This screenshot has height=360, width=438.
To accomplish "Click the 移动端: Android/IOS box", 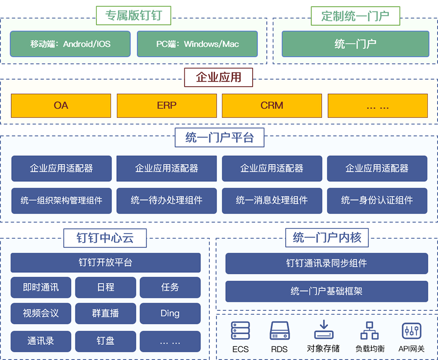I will pyautogui.click(x=70, y=44).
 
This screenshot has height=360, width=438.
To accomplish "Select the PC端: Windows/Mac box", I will pyautogui.click(x=197, y=44).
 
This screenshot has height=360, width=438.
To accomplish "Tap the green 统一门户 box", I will pyautogui.click(x=355, y=44).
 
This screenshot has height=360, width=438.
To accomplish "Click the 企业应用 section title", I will pyautogui.click(x=219, y=77).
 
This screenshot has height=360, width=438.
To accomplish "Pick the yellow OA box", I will pyautogui.click(x=61, y=105).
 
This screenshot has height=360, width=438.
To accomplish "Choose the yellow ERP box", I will pyautogui.click(x=166, y=105).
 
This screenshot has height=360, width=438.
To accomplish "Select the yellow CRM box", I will pyautogui.click(x=272, y=105).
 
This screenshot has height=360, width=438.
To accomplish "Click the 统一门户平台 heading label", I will pyautogui.click(x=219, y=138).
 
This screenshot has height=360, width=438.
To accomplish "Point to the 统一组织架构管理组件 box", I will pyautogui.click(x=61, y=200).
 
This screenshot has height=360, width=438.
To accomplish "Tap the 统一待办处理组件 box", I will pyautogui.click(x=166, y=200).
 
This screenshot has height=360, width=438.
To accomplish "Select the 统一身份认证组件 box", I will pyautogui.click(x=377, y=200).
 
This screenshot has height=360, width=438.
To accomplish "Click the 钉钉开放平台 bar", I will pyautogui.click(x=105, y=263).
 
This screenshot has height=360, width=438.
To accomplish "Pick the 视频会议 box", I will pyautogui.click(x=41, y=313).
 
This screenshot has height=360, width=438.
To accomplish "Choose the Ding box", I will pyautogui.click(x=170, y=313).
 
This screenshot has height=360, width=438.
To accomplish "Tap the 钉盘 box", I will pyautogui.click(x=105, y=341).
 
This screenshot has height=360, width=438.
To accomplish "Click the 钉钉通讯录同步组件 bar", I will pyautogui.click(x=327, y=263).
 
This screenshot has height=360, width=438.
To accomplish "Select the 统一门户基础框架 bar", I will pyautogui.click(x=327, y=291).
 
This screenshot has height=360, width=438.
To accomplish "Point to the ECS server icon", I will pyautogui.click(x=240, y=331).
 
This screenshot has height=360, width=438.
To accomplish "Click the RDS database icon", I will pyautogui.click(x=279, y=331).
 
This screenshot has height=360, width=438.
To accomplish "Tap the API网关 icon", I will pyautogui.click(x=411, y=331).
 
